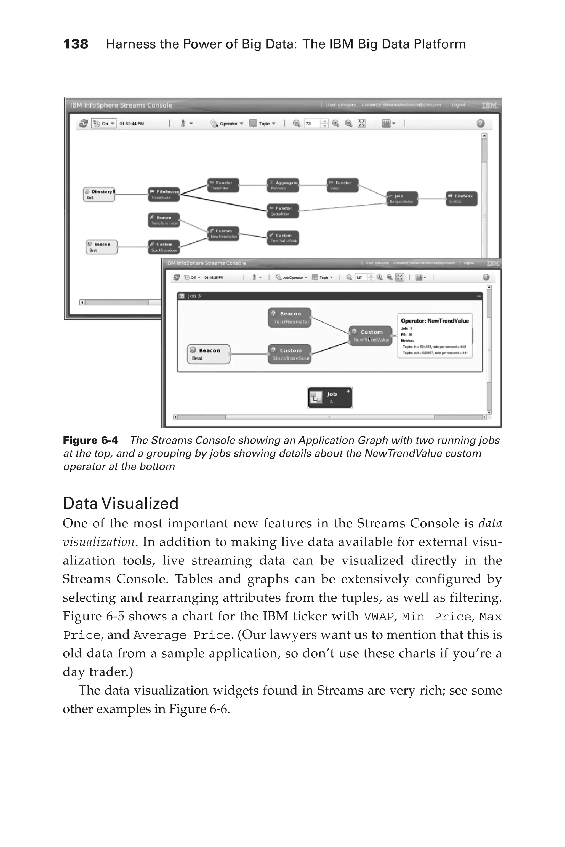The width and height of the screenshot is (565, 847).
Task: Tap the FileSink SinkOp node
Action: coord(462,199)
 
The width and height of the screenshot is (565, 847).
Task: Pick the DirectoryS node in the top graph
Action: coord(99,194)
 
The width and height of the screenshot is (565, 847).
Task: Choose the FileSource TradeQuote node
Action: coord(164,194)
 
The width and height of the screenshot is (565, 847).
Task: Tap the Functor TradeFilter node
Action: coord(223,185)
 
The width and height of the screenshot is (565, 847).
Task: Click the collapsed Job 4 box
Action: coord(330,398)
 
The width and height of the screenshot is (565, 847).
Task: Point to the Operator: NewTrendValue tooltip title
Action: coord(435,321)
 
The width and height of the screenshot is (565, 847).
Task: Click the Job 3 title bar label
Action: coord(194,296)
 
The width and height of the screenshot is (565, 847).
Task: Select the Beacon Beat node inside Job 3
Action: coord(209,354)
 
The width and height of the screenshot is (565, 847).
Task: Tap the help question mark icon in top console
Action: coord(480,124)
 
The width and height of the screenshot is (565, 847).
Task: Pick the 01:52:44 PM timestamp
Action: coord(132,124)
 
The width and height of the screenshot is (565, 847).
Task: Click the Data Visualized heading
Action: coord(121,503)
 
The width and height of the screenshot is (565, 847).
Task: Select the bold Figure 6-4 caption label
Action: coord(90,440)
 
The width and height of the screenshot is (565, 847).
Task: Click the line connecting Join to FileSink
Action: coord(432,199)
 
